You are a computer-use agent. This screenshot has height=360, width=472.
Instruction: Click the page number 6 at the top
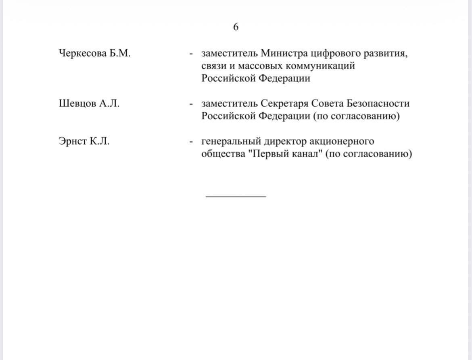tap(236, 27)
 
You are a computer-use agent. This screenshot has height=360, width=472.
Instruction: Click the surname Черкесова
tap(82, 53)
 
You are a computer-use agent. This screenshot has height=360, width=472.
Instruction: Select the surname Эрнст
tap(72, 142)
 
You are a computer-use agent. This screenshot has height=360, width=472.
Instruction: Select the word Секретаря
tap(285, 104)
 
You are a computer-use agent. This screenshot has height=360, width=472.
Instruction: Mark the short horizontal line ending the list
tap(236, 196)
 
